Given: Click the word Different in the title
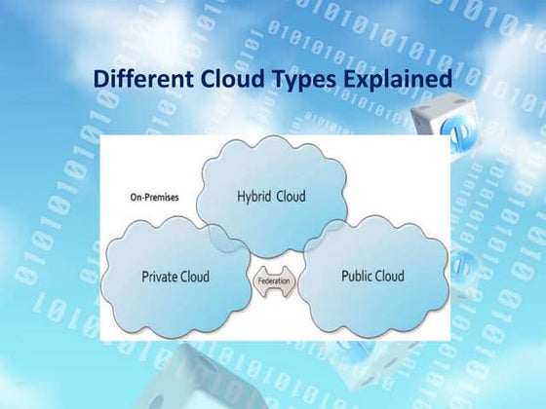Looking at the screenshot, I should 136,78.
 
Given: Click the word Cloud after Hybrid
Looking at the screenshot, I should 290,197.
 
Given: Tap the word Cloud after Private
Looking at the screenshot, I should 195,277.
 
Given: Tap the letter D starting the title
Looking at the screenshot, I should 100,78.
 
